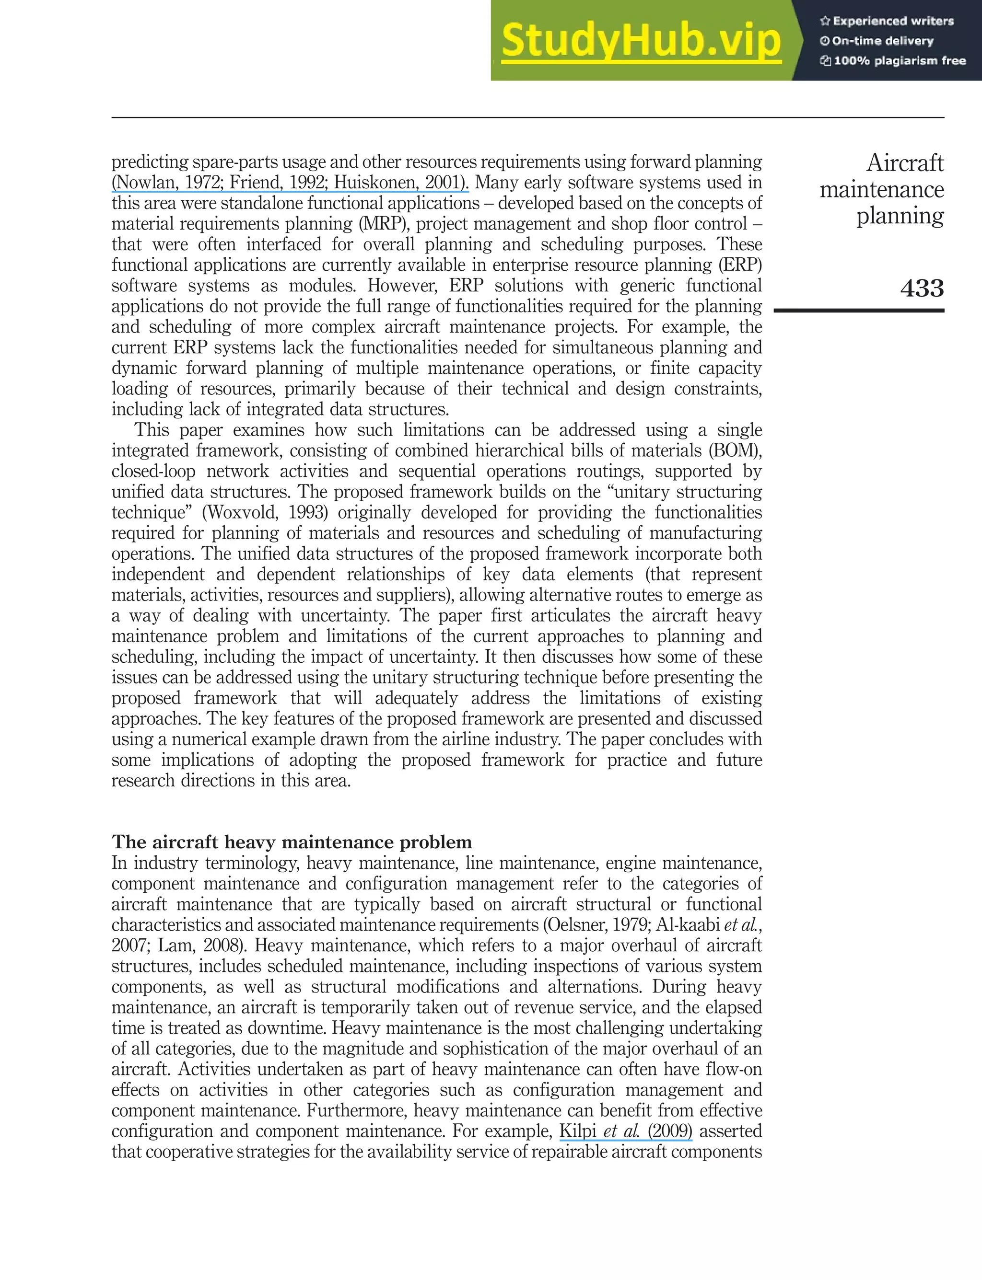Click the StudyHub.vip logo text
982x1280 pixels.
(641, 41)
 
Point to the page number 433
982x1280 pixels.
(921, 288)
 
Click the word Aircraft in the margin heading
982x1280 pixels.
(904, 163)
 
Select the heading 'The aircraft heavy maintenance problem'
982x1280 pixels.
(292, 842)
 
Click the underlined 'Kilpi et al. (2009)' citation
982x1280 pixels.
(625, 1131)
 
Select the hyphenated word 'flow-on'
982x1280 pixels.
(734, 1069)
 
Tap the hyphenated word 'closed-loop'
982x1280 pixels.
(153, 472)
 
